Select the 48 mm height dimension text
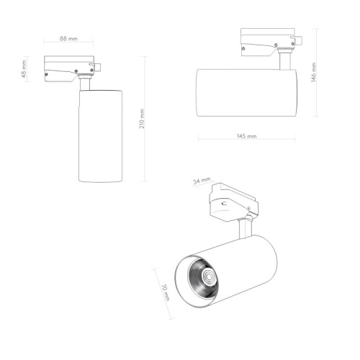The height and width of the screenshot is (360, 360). (x=24, y=70)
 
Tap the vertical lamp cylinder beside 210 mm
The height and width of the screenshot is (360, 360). (x=99, y=137)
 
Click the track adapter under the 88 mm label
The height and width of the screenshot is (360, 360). (x=68, y=68)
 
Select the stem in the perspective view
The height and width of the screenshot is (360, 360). (x=246, y=228)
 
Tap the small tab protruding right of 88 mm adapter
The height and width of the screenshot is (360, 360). (x=97, y=68)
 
